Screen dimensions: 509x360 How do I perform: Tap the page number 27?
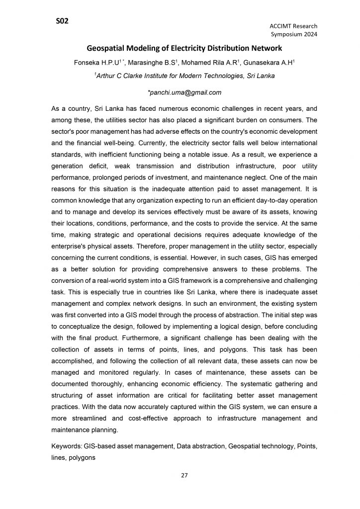[x=184, y=476]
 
